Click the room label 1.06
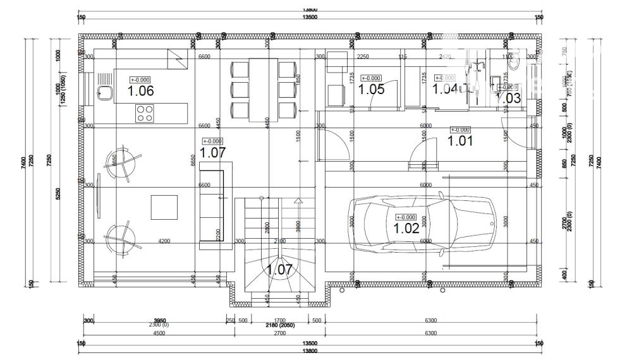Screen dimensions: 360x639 coord(140,91)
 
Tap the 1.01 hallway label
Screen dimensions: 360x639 coord(460,141)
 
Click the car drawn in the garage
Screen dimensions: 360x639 coord(422,223)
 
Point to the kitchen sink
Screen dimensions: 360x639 coord(104,93)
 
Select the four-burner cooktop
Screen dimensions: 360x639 coord(144,113)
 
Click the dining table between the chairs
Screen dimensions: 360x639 coord(264,89)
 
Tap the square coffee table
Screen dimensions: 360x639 coord(164,207)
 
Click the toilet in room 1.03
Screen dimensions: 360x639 coord(514,61)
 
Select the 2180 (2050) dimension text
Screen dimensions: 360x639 coord(279,325)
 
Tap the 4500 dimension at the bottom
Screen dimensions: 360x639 coord(159,333)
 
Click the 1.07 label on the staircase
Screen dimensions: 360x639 coord(279,270)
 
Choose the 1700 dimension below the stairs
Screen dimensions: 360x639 coord(279,320)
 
